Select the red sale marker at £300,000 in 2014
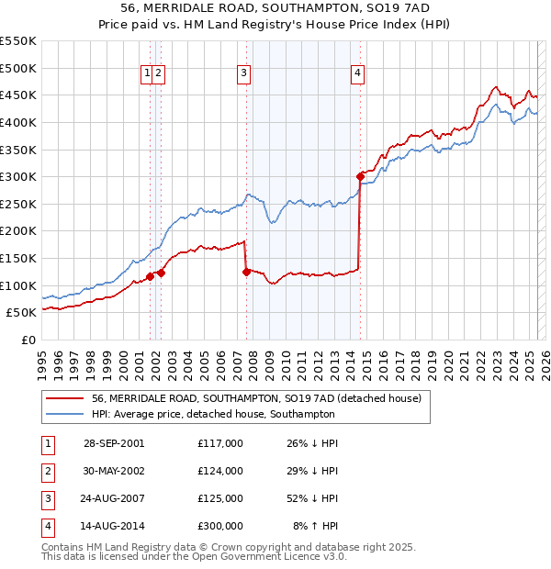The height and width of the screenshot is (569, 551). [x=360, y=176]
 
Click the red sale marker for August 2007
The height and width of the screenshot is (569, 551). [x=246, y=272]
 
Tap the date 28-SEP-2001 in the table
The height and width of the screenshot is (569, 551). [x=114, y=443]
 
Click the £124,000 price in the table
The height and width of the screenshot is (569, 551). [x=219, y=471]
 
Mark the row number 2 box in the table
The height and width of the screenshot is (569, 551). [x=47, y=471]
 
